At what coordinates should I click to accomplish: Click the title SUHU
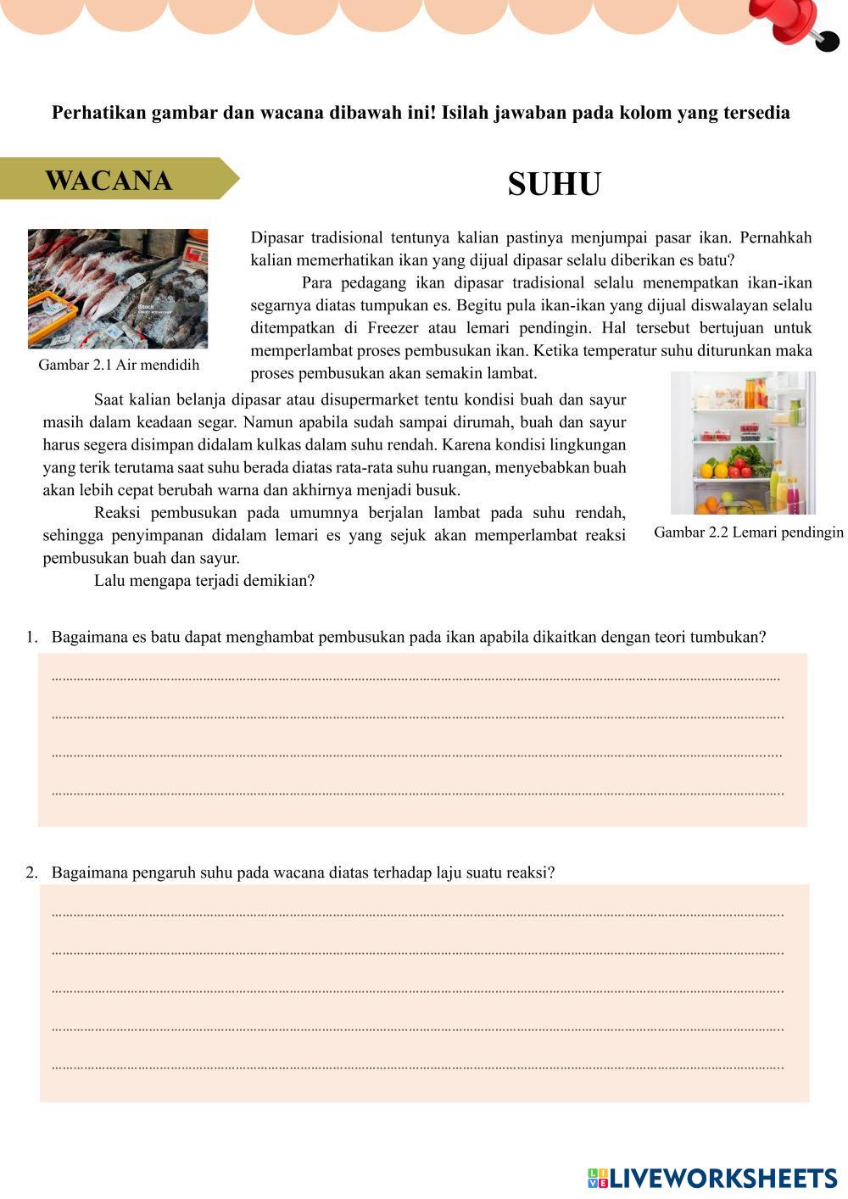(555, 184)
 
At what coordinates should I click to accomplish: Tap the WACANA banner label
(109, 180)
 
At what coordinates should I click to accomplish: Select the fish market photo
(118, 288)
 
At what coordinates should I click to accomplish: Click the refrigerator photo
(743, 443)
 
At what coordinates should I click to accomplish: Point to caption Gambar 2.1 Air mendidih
(119, 365)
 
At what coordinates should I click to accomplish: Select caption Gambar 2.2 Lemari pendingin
(748, 532)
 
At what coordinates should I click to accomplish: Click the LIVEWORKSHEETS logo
(712, 1178)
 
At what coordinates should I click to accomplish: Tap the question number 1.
(31, 637)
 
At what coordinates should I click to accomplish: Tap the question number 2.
(31, 873)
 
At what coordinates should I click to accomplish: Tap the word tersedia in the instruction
(757, 113)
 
